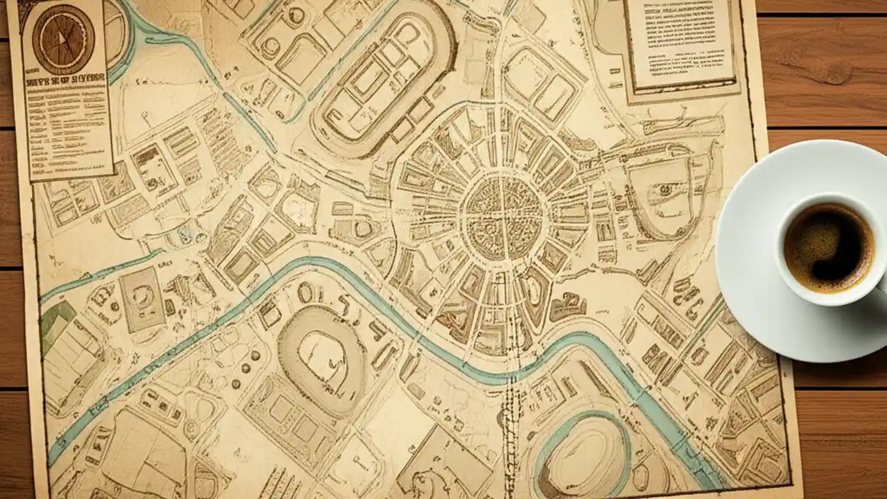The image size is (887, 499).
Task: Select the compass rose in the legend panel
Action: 63,38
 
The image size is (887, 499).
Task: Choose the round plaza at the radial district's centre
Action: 504,216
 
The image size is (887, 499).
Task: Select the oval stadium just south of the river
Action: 322,360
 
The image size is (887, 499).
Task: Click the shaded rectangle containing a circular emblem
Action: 142,299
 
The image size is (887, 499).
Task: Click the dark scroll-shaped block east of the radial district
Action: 568,306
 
